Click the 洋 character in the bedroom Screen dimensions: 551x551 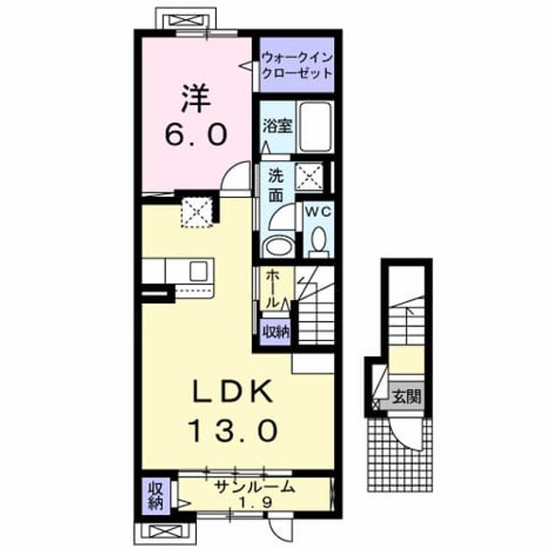(x=196, y=99)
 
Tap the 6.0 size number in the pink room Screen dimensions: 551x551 (x=195, y=136)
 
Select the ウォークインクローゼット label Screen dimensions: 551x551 (x=297, y=66)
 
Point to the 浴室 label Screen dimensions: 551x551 (x=278, y=126)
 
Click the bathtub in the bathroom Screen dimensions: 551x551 (x=315, y=127)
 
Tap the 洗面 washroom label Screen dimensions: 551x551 (x=275, y=186)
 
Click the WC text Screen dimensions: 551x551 (x=318, y=212)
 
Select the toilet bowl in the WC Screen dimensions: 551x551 (x=319, y=241)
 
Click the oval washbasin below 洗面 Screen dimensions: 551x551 (x=279, y=247)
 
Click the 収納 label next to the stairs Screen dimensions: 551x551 (x=275, y=331)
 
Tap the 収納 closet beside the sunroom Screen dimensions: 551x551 (x=155, y=496)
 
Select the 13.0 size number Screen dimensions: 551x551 (x=234, y=430)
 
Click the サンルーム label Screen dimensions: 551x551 (x=255, y=487)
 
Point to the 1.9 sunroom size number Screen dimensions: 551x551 (x=255, y=503)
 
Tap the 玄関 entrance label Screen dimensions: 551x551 (x=407, y=397)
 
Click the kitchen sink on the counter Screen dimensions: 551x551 (x=199, y=271)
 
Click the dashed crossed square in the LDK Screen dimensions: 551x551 (x=197, y=213)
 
